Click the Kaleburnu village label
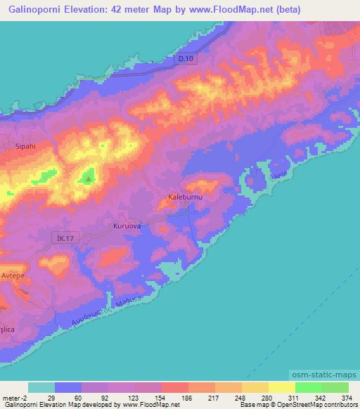[186, 198]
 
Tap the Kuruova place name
[127, 226]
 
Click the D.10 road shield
[185, 60]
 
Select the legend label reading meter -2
[15, 397]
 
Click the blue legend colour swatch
[68, 387]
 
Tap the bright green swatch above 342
[308, 387]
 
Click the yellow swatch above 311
[281, 387]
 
